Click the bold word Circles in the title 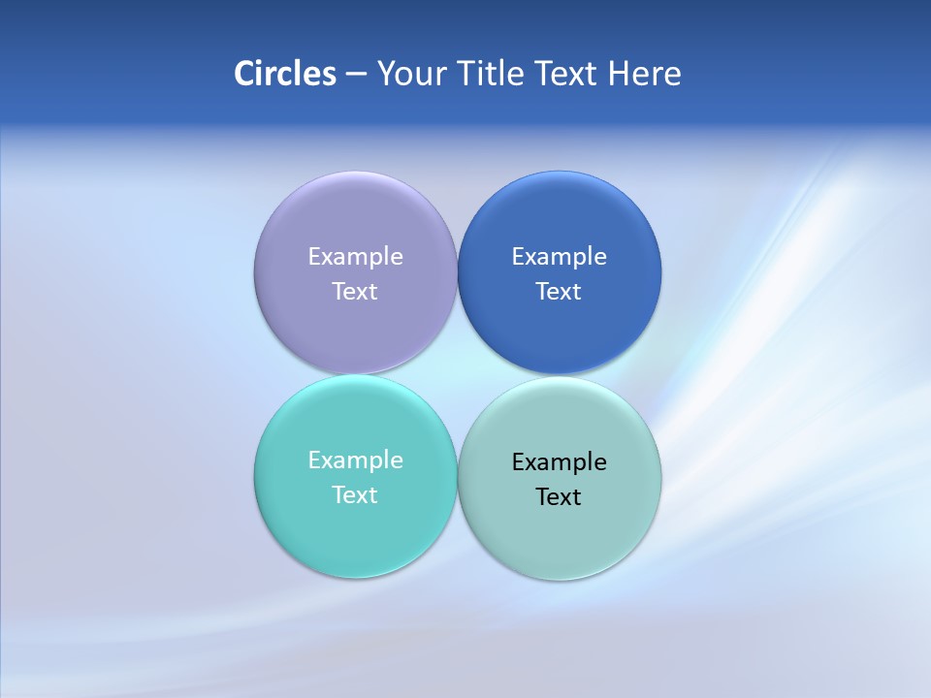[x=285, y=74]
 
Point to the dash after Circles [x=356, y=75]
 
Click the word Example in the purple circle [x=355, y=257]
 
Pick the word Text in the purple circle [x=355, y=292]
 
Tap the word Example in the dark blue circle [x=560, y=257]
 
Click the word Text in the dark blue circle [x=560, y=292]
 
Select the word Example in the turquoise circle [x=355, y=460]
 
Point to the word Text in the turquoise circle [x=355, y=495]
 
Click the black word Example [x=560, y=462]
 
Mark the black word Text [x=560, y=497]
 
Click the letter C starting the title [x=244, y=74]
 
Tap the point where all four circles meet [x=457, y=375]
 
